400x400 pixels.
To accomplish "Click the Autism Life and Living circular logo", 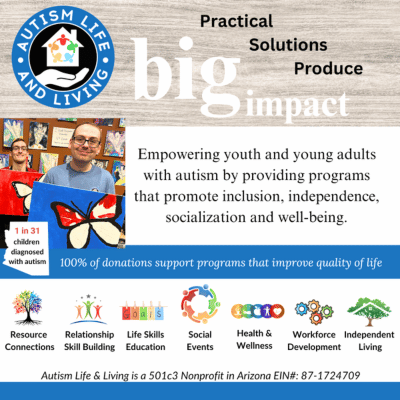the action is pyautogui.click(x=63, y=57).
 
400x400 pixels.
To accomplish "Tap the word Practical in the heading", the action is pyautogui.click(x=236, y=22).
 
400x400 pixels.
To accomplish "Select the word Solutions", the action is pyautogui.click(x=288, y=45).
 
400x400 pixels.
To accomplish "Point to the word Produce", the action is pyautogui.click(x=328, y=69).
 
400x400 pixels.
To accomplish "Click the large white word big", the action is pyautogui.click(x=186, y=75).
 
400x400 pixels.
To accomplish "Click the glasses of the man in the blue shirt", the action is pyautogui.click(x=86, y=142).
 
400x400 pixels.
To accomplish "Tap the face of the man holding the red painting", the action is pyautogui.click(x=19, y=153).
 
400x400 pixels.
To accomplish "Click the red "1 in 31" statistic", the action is pyautogui.click(x=27, y=231).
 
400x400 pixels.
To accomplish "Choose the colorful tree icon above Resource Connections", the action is pyautogui.click(x=27, y=307).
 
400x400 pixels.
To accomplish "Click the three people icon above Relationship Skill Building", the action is pyautogui.click(x=89, y=309).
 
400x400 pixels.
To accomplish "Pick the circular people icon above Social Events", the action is pyautogui.click(x=200, y=304).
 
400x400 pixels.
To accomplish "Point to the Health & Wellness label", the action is pyautogui.click(x=254, y=339).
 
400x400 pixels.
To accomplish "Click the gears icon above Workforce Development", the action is pyautogui.click(x=314, y=312).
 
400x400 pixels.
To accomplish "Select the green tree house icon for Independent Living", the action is pyautogui.click(x=369, y=312).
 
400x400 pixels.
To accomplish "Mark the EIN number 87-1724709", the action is pyautogui.click(x=330, y=376).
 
